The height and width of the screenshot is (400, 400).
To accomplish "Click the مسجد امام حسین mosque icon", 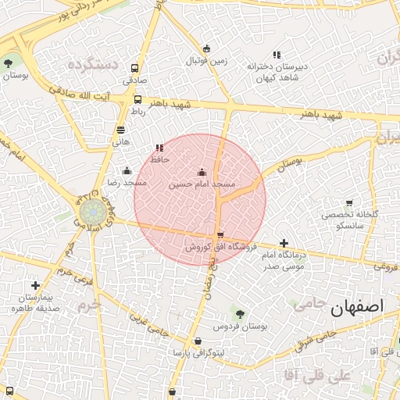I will click(x=202, y=172).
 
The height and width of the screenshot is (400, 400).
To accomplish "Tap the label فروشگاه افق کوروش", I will click(x=220, y=246).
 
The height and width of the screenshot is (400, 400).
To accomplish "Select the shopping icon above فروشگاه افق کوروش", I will click(x=220, y=234).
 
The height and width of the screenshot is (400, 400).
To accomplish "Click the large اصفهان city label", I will click(x=359, y=307).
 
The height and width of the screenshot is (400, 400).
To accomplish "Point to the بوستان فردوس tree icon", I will click(x=240, y=312).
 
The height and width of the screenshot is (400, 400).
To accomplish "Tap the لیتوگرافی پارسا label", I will click(x=198, y=353).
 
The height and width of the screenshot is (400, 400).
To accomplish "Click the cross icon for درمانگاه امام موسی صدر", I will click(x=284, y=244).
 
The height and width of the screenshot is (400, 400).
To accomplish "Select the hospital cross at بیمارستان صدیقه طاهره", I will click(x=35, y=286).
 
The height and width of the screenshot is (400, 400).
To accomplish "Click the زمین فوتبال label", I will click(x=205, y=60).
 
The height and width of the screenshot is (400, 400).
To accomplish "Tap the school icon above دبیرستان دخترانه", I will click(x=277, y=54).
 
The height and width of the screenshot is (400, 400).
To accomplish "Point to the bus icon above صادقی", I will click(x=135, y=68).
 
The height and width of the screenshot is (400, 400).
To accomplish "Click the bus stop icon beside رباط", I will click(x=138, y=99).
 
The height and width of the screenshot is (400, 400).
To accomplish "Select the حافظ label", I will click(x=160, y=159).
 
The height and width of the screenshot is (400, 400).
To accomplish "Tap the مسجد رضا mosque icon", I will click(x=127, y=171).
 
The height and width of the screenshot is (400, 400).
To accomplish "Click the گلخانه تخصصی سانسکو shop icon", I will click(x=348, y=203).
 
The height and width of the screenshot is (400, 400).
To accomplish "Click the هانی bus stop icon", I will click(x=120, y=130).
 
